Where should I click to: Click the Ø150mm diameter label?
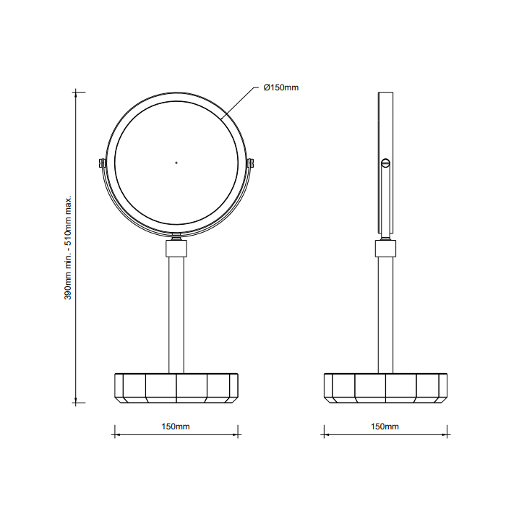(280, 87)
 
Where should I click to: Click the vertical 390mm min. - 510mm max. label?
(69, 247)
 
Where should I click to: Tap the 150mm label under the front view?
(176, 426)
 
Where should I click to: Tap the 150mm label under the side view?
(385, 426)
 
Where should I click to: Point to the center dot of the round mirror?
(176, 163)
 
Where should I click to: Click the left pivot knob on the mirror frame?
(101, 163)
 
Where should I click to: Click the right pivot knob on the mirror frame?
(252, 163)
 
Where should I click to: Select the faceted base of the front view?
(176, 387)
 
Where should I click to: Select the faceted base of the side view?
(385, 387)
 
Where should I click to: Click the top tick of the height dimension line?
(77, 92)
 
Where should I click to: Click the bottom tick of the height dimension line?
(77, 403)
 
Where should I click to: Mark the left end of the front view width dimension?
(114, 434)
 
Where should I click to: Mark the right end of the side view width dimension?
(447, 434)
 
